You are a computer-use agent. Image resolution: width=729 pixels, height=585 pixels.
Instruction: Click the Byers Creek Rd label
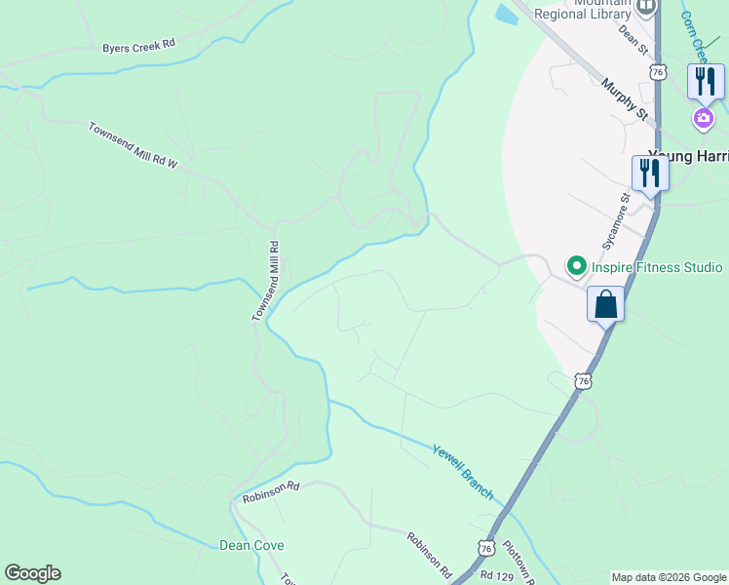[138, 45]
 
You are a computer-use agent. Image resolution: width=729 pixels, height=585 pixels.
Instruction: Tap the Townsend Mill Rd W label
[133, 145]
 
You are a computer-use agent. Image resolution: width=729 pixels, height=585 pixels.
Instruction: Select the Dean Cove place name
[251, 546]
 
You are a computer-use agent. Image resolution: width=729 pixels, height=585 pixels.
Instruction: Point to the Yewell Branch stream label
[463, 468]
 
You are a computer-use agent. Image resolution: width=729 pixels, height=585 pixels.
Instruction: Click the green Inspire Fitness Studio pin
[576, 266]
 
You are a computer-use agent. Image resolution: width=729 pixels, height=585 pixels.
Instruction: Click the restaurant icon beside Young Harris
[650, 174]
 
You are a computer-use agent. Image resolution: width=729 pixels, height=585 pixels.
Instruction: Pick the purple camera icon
[703, 119]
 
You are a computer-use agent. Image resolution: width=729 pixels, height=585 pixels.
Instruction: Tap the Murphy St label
[625, 99]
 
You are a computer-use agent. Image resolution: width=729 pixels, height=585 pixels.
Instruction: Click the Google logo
[32, 573]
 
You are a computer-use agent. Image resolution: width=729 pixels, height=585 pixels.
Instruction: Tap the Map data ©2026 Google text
[669, 577]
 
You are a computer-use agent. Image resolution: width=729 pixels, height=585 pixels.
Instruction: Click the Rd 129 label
[498, 575]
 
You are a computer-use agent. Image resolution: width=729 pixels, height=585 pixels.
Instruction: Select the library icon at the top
[644, 9]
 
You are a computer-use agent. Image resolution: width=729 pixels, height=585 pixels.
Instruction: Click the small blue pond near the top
[506, 14]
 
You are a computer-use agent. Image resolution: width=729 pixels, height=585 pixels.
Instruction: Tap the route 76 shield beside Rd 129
[485, 548]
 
